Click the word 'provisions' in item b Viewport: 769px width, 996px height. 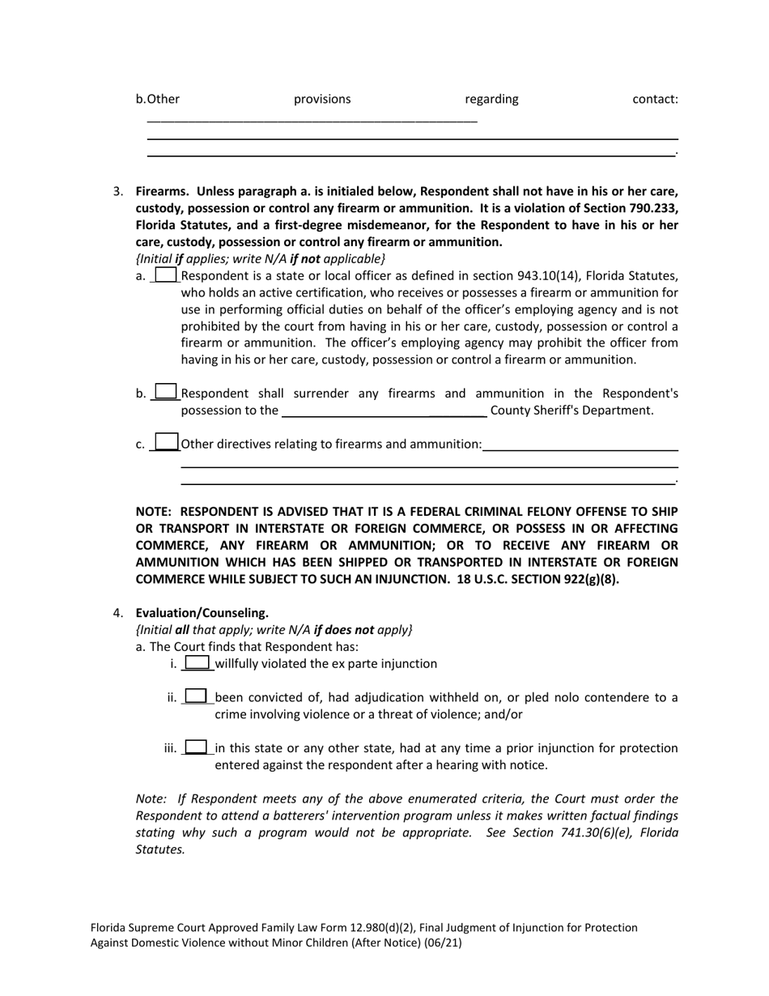(x=322, y=100)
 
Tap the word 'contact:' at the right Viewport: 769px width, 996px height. (x=655, y=100)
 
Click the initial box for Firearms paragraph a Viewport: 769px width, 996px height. (x=165, y=275)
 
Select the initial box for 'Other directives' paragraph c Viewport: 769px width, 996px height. (x=166, y=442)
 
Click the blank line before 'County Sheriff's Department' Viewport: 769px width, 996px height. (x=383, y=411)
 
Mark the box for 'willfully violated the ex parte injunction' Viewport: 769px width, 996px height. (x=198, y=663)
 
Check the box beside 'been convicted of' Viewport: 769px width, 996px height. (x=197, y=696)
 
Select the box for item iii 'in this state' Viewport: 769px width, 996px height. (x=197, y=747)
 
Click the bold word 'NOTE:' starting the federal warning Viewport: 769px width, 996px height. (x=154, y=512)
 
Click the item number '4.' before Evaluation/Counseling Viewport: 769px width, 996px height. (x=118, y=613)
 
